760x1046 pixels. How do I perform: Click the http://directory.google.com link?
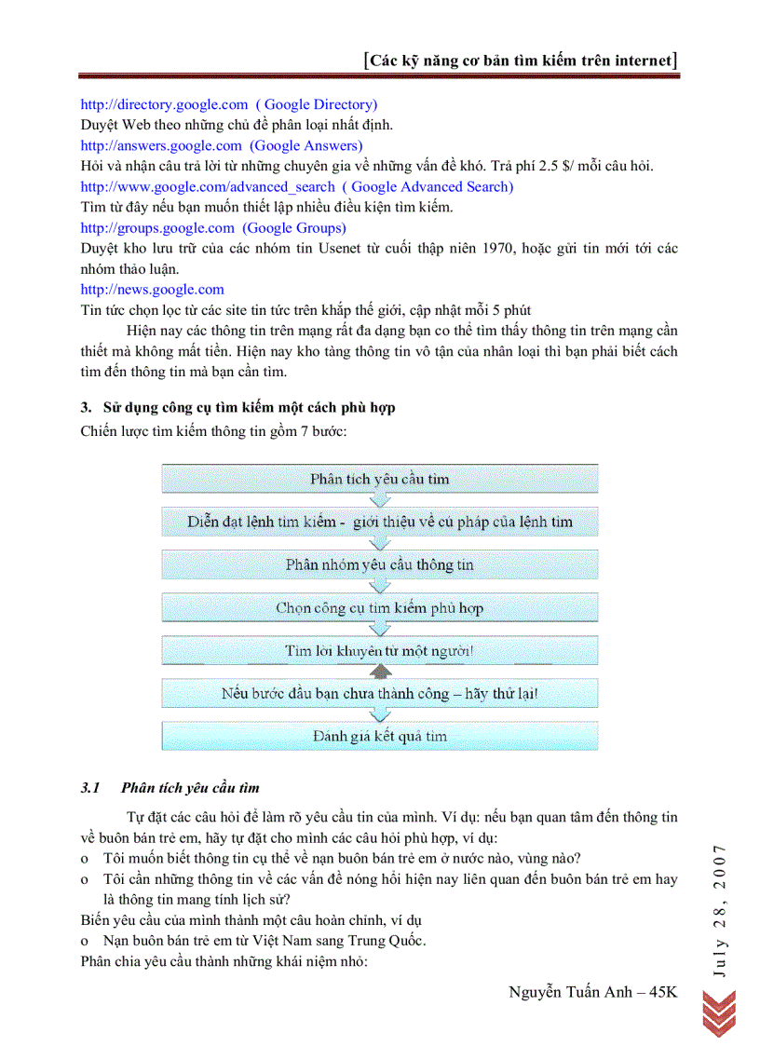tap(164, 104)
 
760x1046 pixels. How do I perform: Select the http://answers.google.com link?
tap(161, 145)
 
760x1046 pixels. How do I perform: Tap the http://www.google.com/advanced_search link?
tap(207, 186)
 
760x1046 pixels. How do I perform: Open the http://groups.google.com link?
tap(157, 227)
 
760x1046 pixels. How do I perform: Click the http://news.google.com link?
tap(152, 290)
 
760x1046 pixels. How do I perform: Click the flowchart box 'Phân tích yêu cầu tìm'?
tap(380, 479)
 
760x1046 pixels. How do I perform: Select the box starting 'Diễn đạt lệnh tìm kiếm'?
tap(380, 522)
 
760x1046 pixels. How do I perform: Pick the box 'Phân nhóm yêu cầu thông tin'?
tap(380, 564)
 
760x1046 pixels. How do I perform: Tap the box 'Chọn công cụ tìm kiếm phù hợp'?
tap(380, 607)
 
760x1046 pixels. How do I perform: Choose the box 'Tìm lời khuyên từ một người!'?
tap(380, 650)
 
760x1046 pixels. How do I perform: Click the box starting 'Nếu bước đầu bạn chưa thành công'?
tap(380, 693)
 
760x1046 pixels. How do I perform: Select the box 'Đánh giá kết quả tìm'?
tap(380, 736)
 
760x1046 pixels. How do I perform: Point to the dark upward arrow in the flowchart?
tap(380, 671)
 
